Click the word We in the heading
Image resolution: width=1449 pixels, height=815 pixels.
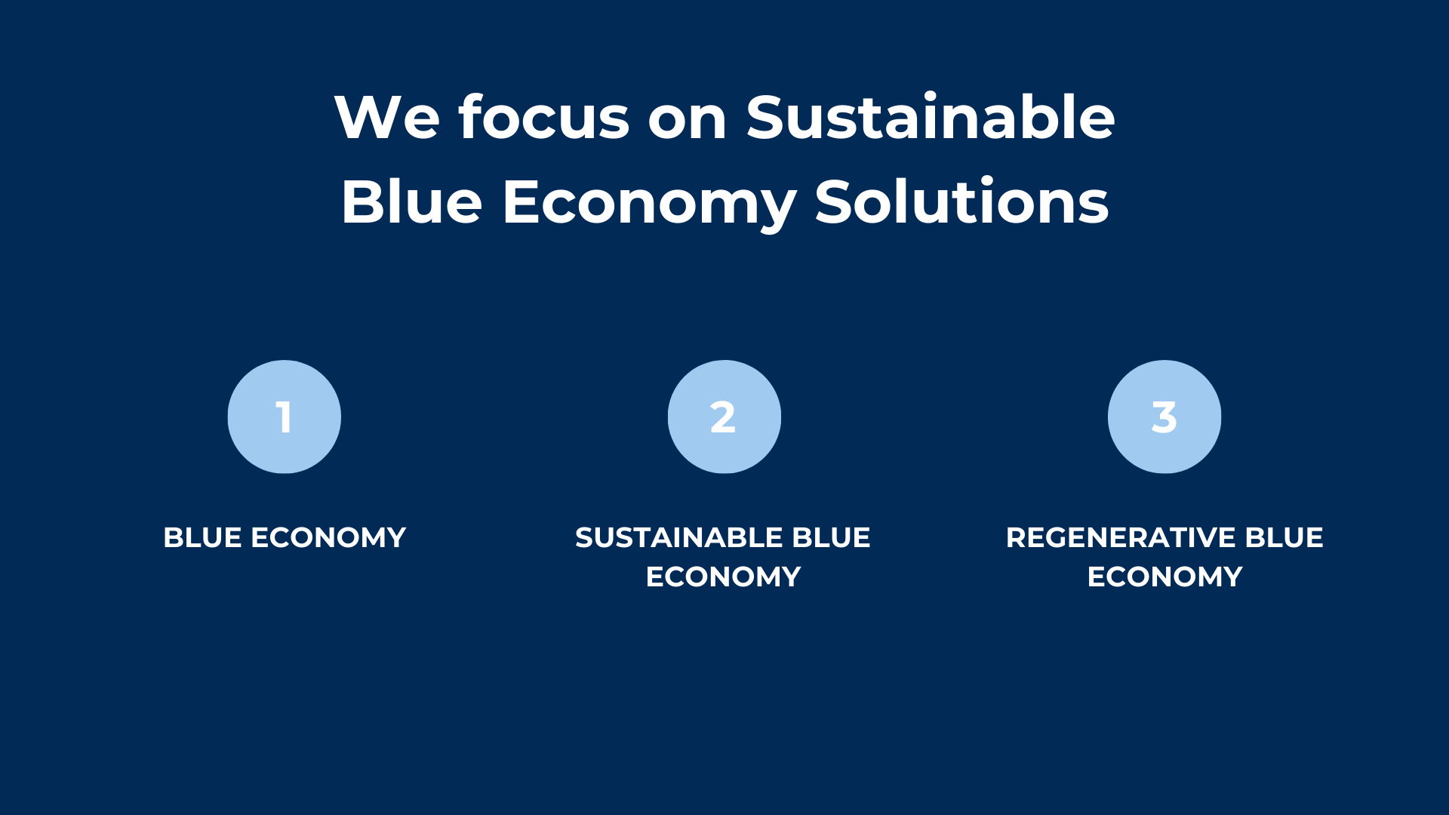(x=387, y=118)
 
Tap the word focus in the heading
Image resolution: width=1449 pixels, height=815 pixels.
(x=543, y=116)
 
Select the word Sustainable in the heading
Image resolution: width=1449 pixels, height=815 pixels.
(x=930, y=116)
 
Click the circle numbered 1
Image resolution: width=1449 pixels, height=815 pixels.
(x=285, y=417)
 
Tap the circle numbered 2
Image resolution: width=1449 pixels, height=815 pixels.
(x=724, y=417)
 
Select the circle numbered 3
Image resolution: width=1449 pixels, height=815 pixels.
(x=1164, y=417)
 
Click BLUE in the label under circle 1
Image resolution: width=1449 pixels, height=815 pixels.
(x=202, y=537)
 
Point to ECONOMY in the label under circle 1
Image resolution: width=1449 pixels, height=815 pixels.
(x=328, y=537)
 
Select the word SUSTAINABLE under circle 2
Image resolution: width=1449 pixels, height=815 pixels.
(x=679, y=537)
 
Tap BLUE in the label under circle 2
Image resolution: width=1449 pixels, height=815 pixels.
(x=831, y=537)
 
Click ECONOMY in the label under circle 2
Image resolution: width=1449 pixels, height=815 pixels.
(x=723, y=577)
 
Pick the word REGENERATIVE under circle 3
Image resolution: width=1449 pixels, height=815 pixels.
(x=1121, y=537)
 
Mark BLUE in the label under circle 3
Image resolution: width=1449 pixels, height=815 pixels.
(x=1284, y=537)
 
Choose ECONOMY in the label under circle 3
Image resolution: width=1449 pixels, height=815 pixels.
(x=1164, y=577)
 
